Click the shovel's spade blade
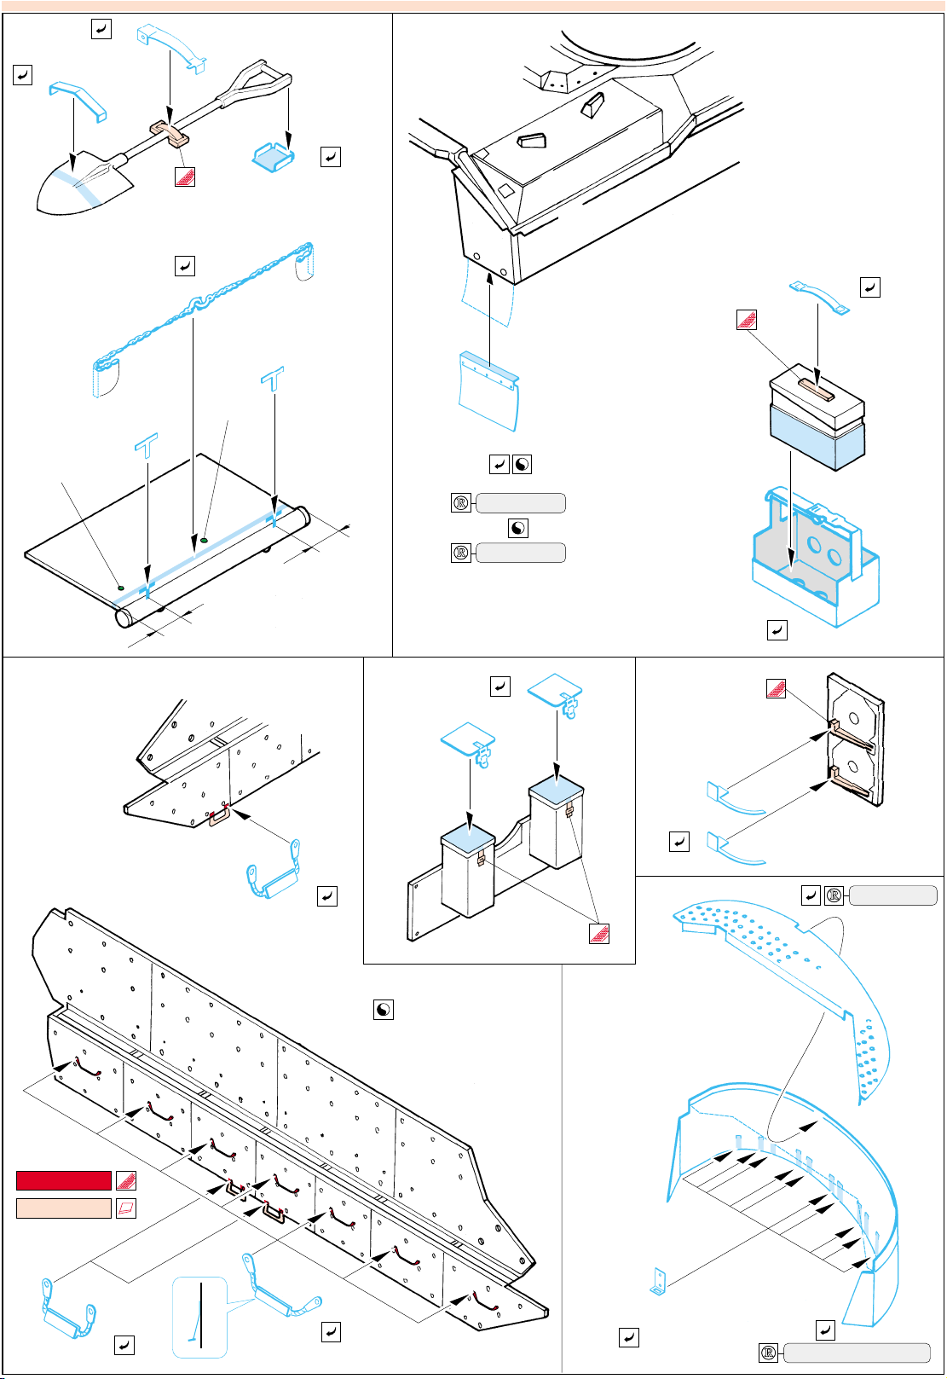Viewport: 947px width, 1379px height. click(x=81, y=186)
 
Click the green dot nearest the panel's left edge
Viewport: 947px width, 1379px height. click(x=120, y=587)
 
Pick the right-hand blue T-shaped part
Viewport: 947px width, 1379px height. click(x=272, y=379)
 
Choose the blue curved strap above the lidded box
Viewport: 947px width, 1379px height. click(x=819, y=295)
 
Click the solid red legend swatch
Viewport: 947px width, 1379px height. click(x=64, y=1180)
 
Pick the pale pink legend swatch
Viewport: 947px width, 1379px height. click(x=64, y=1208)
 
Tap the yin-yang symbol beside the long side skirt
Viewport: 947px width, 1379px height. click(x=384, y=1010)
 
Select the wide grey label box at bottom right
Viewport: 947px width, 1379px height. click(x=856, y=1353)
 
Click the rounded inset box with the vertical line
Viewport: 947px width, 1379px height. click(x=200, y=1317)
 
